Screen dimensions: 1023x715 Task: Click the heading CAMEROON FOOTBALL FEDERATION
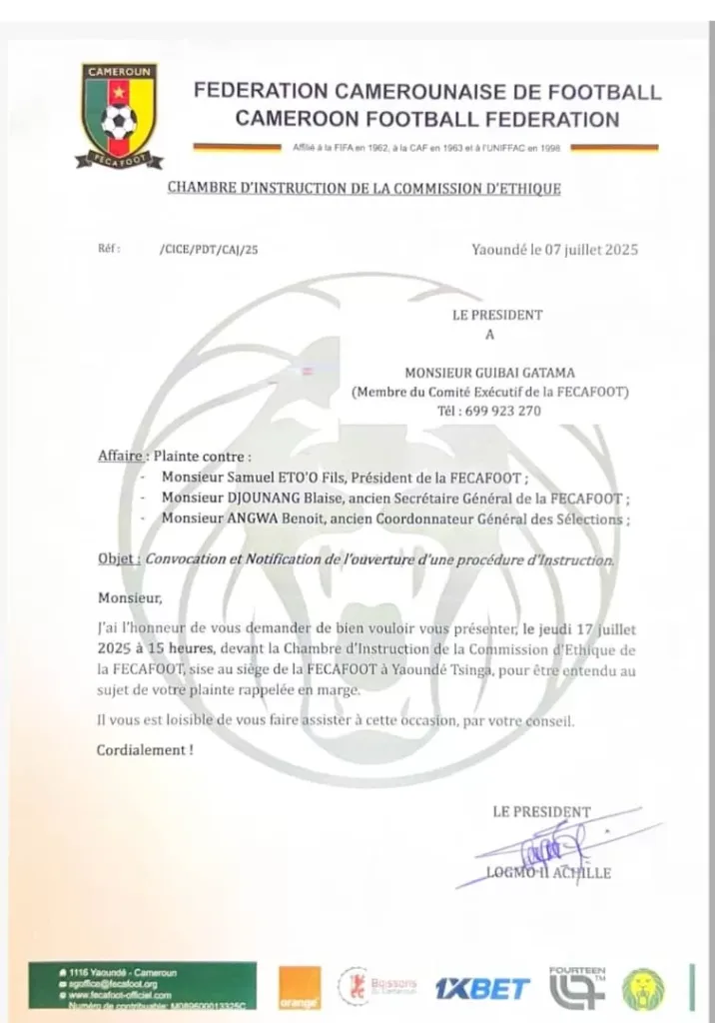coord(426,120)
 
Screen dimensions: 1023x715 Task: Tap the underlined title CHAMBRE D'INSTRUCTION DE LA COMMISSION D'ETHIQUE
coord(363,187)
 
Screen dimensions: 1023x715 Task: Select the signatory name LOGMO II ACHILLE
coord(548,873)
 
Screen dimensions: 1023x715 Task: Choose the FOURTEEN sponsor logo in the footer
coord(577,987)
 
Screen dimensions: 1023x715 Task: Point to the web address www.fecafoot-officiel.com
coord(121,996)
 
